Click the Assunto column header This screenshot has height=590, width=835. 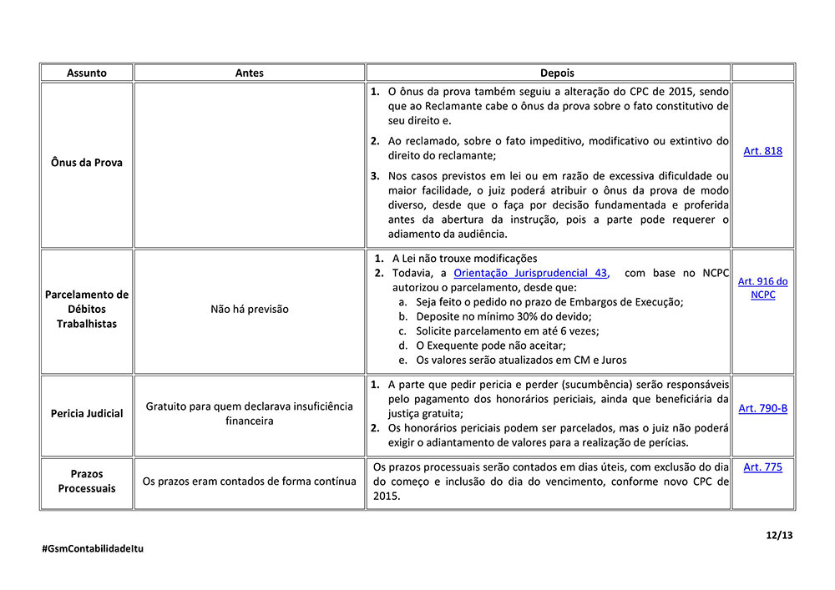pos(87,73)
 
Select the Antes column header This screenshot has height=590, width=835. pos(249,73)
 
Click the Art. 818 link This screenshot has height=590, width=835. pos(762,151)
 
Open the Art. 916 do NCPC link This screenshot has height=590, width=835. pos(762,288)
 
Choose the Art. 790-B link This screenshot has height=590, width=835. pos(762,408)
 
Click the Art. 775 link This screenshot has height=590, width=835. pos(762,467)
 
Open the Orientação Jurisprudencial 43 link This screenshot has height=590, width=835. pos(531,273)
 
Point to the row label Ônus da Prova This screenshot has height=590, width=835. pos(87,163)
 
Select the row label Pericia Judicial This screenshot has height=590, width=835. pos(87,413)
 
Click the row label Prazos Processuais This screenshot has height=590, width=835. pos(87,481)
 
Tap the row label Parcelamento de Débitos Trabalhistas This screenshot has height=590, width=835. pos(87,309)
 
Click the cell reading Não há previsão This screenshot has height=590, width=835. pos(249,309)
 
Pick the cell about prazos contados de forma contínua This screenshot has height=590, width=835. pos(249,481)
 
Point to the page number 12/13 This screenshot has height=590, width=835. pos(780,535)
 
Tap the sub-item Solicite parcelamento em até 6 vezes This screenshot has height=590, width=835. pos(507,330)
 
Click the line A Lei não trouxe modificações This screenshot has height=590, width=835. pos(464,259)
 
